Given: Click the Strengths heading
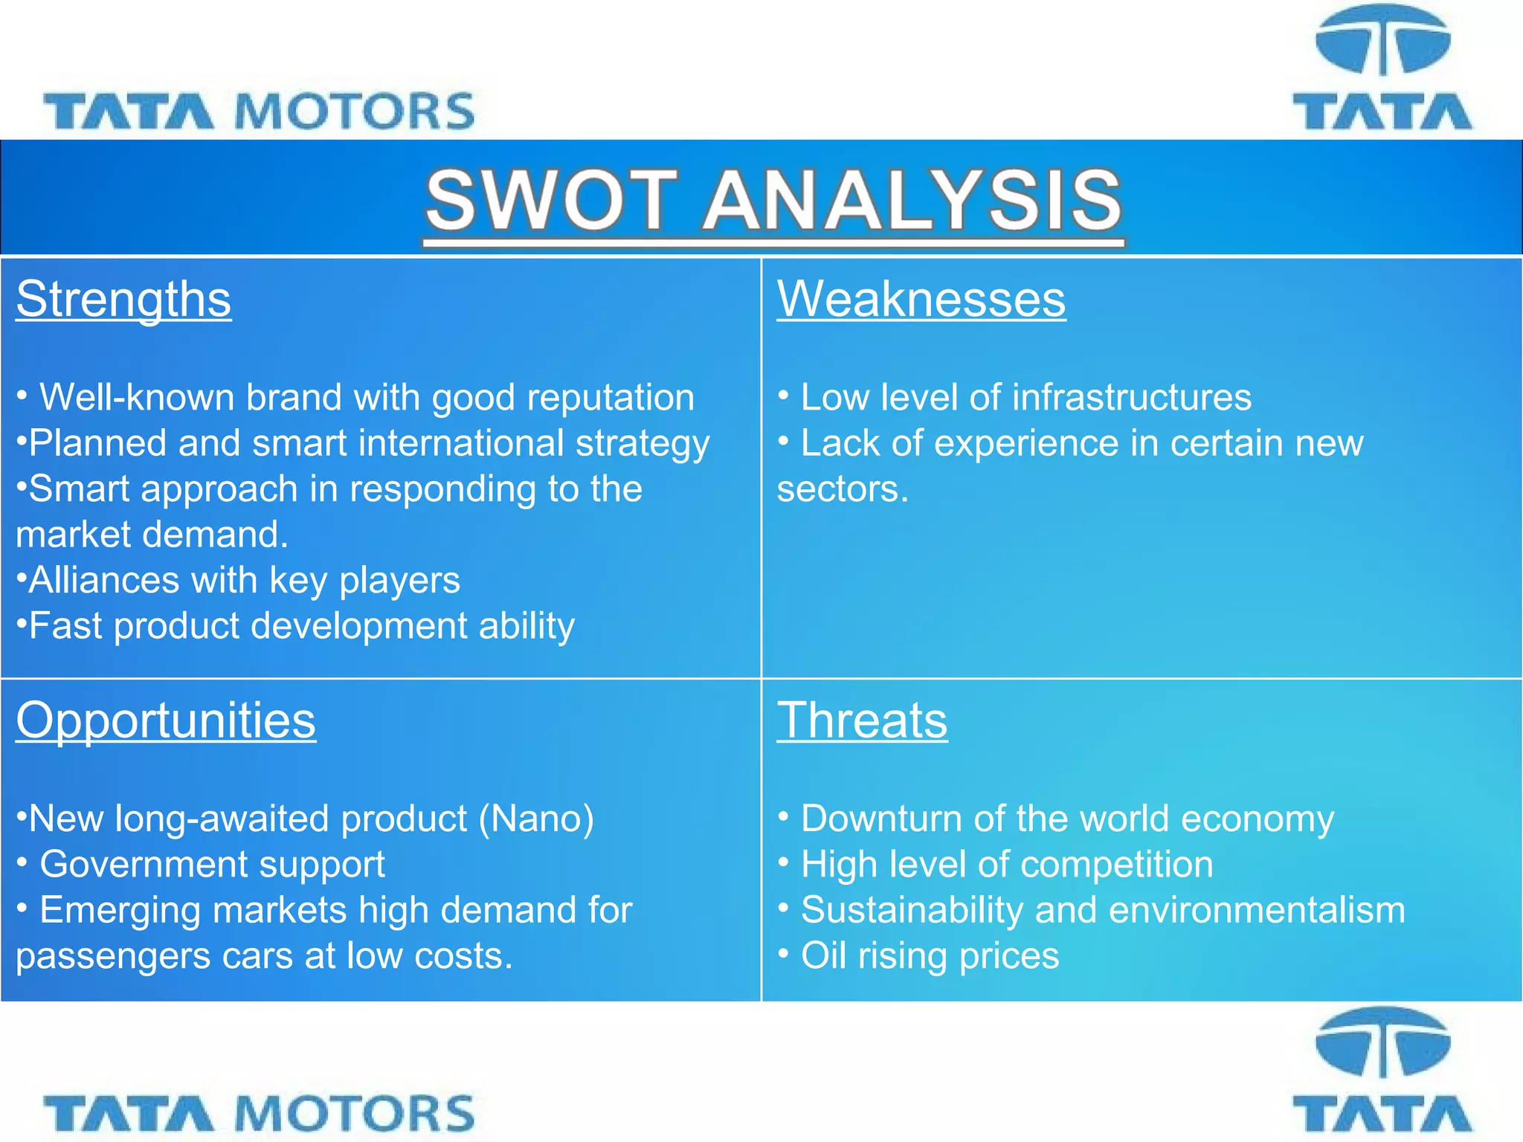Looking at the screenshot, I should coord(123,299).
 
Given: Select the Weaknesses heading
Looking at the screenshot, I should coord(921,299).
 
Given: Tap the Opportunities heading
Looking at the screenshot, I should coord(166,720).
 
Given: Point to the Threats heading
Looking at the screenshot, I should coord(862,720).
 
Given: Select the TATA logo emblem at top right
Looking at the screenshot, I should coord(1382,41).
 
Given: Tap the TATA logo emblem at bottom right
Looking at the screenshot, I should coord(1382,1043).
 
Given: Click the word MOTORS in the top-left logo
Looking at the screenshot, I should coord(355,112).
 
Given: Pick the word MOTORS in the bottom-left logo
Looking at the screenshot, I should coord(355,1114).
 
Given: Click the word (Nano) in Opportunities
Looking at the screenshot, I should coord(536,819).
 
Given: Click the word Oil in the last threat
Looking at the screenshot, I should coord(823,955).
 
